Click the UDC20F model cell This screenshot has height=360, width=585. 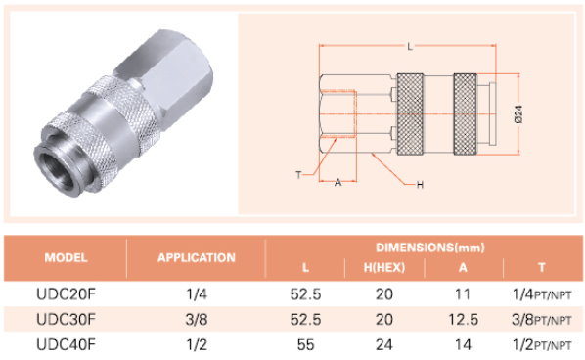(67, 294)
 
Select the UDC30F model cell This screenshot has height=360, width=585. (67, 319)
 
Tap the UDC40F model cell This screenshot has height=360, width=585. (67, 344)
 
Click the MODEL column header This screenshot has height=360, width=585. (67, 258)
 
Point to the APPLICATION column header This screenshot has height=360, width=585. (197, 258)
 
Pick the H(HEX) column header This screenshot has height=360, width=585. (384, 267)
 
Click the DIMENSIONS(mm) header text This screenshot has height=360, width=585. (430, 247)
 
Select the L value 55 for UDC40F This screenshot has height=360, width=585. (305, 344)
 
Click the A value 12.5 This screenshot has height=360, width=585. (463, 319)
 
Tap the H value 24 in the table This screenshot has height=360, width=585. (384, 344)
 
